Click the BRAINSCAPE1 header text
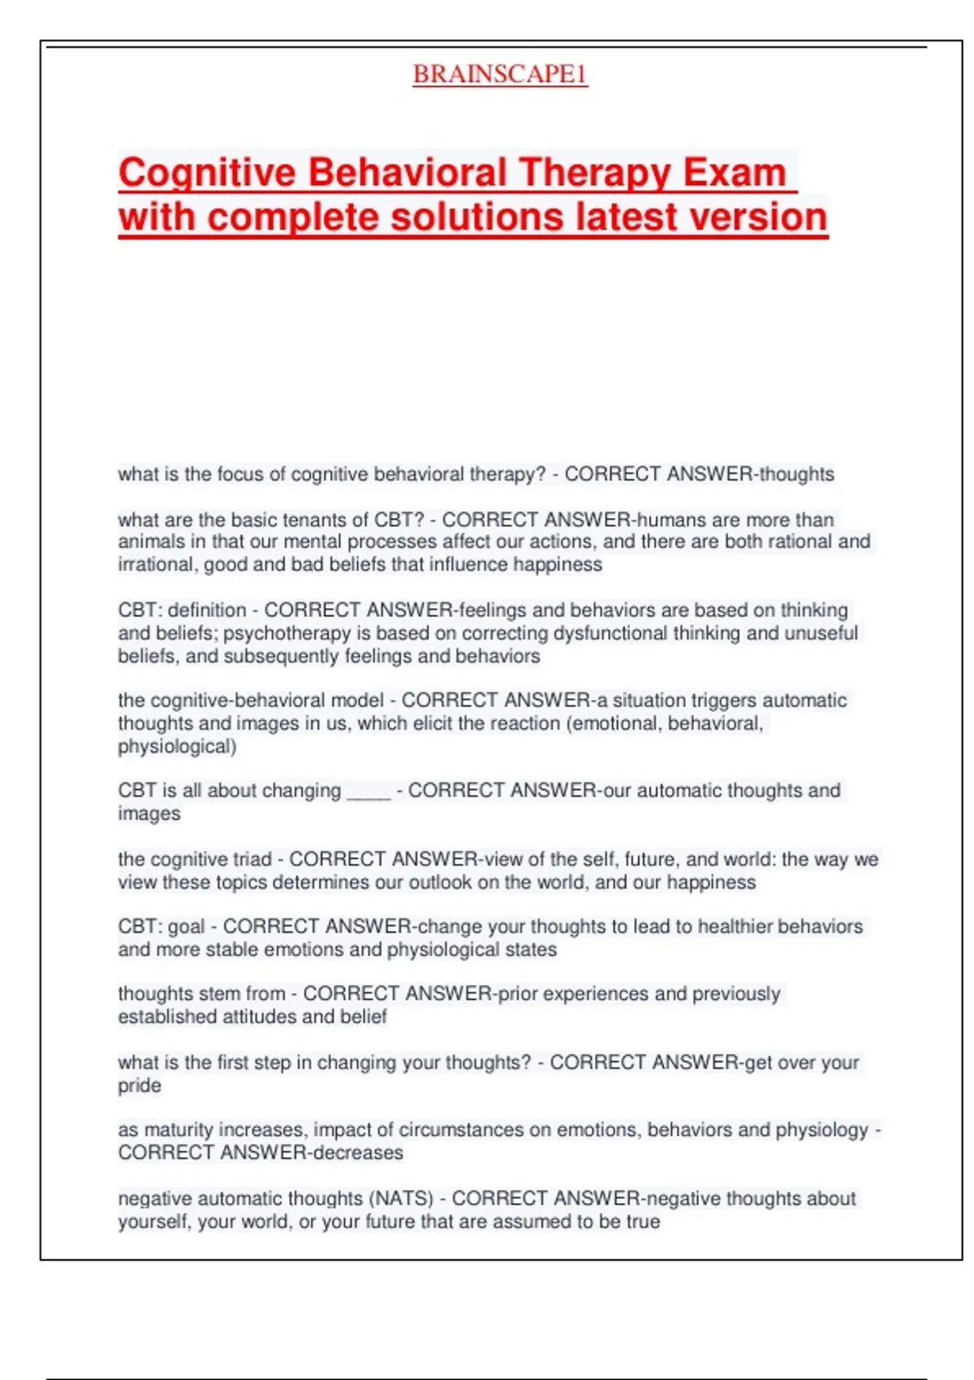(499, 74)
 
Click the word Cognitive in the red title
(207, 172)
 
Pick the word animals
(147, 541)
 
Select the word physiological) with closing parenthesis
(177, 746)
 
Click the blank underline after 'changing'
(368, 792)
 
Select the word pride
(139, 1085)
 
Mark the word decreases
(358, 1153)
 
